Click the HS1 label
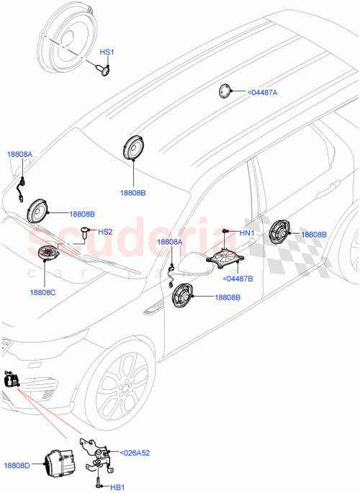pos(107,53)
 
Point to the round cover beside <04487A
pos(227,91)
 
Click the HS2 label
pos(105,232)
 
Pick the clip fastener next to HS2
pos(86,232)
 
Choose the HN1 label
pos(247,232)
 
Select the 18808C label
pos(42,292)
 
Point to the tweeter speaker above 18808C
pos(49,254)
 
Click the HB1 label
pos(117,487)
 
